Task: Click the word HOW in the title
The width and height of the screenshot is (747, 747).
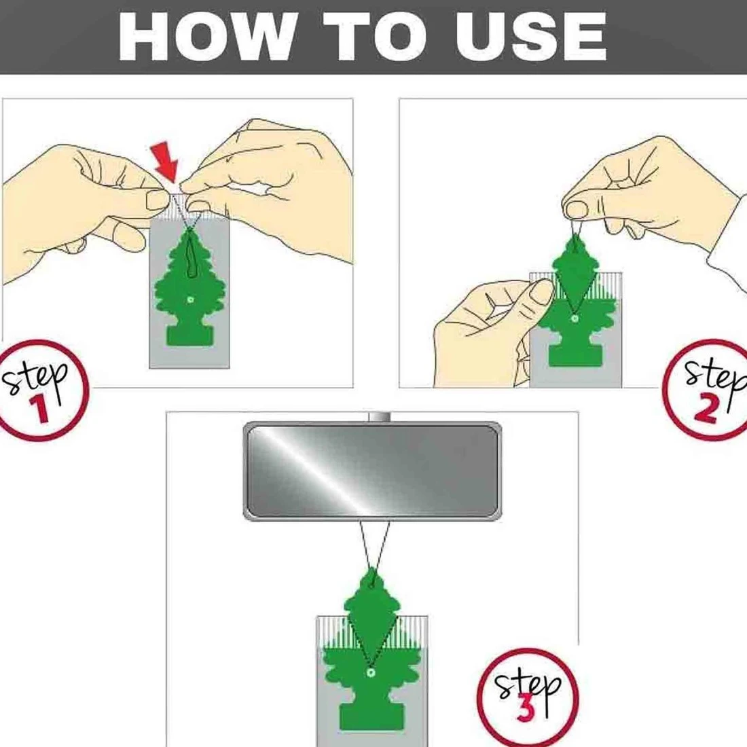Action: click(206, 37)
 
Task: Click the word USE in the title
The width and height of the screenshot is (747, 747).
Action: click(530, 37)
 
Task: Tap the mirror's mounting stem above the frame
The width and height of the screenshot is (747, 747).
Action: click(379, 417)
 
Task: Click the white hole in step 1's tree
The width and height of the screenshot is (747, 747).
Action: click(191, 299)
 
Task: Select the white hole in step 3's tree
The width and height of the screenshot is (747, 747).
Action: click(369, 673)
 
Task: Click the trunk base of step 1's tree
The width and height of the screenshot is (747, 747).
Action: click(189, 335)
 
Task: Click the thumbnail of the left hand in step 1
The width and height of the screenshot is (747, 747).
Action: click(158, 200)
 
